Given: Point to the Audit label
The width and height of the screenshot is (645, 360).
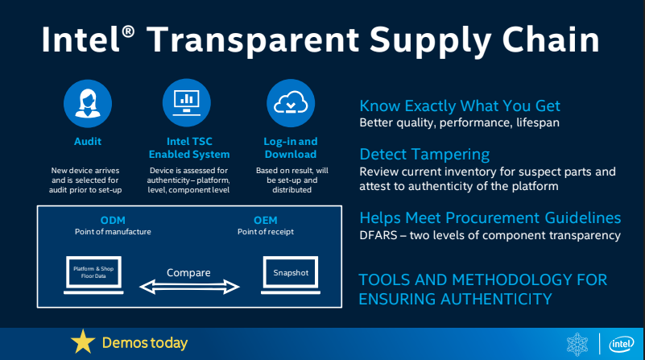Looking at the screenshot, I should (87, 141).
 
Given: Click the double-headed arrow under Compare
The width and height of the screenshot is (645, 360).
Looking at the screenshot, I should (189, 286).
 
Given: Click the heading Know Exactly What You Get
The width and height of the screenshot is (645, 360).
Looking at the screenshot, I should (459, 106).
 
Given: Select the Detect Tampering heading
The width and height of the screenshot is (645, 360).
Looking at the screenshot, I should (424, 154).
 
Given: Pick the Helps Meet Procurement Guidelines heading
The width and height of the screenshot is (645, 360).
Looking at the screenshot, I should (490, 218).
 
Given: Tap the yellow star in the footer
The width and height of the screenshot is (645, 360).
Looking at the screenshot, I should (82, 342).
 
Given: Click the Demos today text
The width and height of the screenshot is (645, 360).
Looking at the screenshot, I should (144, 343).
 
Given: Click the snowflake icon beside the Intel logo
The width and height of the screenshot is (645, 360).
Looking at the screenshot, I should (581, 342).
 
